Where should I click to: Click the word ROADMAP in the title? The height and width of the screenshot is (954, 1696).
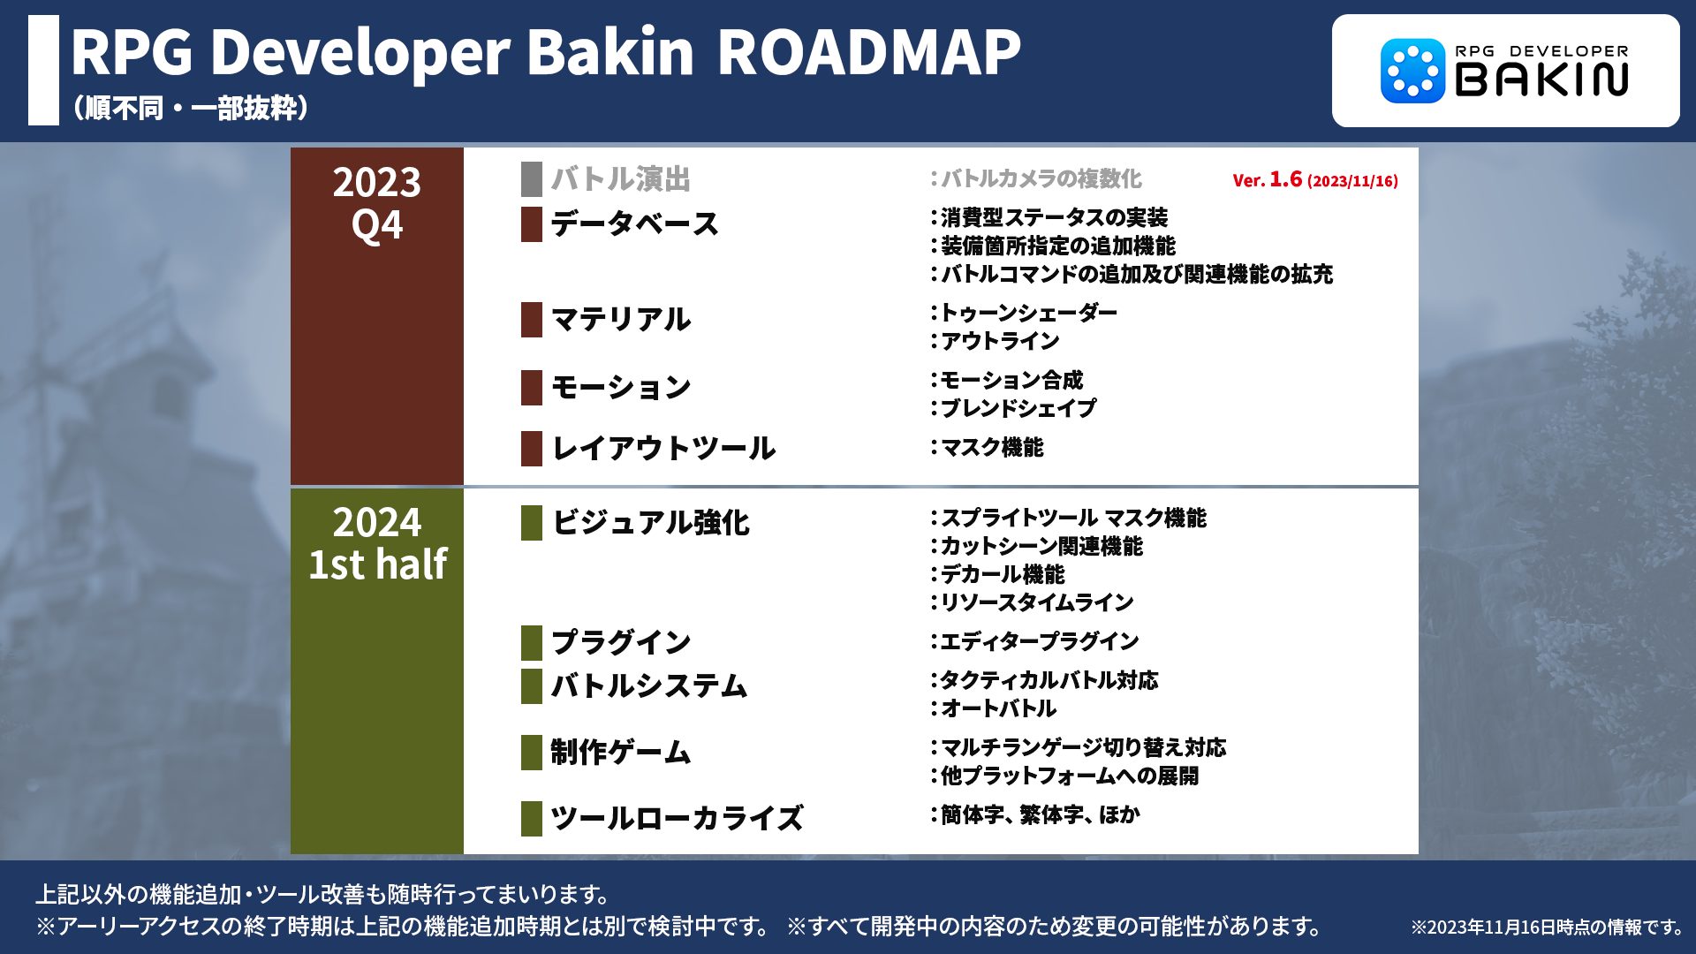click(x=868, y=52)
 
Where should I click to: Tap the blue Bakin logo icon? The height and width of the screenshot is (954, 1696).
click(x=1412, y=71)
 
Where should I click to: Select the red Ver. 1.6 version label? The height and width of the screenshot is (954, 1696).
click(x=1315, y=179)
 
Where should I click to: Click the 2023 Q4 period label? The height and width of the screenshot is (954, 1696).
click(x=377, y=203)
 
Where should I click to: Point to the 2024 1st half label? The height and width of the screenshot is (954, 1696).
click(x=377, y=543)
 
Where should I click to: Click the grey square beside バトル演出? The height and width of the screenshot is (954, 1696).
click(x=532, y=179)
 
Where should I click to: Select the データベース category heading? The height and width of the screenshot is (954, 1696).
click(x=634, y=223)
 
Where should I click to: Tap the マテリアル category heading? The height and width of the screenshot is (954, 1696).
click(x=620, y=319)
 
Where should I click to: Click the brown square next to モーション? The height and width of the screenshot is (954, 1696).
click(x=532, y=388)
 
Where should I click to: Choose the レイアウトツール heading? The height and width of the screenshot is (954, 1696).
click(x=663, y=448)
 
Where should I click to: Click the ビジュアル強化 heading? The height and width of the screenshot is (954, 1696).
click(x=650, y=522)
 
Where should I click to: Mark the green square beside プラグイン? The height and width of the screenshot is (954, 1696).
click(x=532, y=642)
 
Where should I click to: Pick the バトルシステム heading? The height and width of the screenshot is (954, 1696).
click(x=649, y=685)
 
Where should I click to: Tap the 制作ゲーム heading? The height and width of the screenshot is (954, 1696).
click(x=620, y=752)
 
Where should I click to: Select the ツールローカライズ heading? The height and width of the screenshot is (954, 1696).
click(x=677, y=818)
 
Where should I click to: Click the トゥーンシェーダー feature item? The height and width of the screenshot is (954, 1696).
click(x=1028, y=313)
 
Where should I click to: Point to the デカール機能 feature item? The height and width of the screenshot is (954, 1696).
click(x=1003, y=574)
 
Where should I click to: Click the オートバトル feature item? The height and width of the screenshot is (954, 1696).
click(x=998, y=708)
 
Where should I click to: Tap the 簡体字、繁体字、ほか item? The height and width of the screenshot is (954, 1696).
click(x=1040, y=814)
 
